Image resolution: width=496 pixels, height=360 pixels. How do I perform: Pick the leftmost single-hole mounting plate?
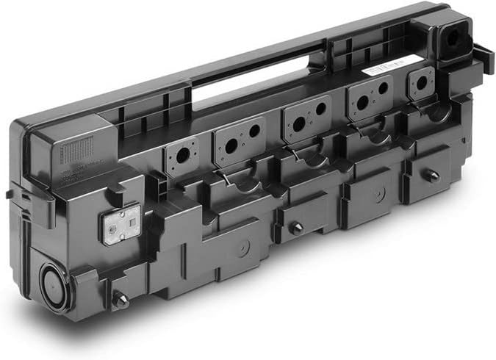point(182,155)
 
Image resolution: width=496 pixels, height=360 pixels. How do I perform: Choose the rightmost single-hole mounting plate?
point(422,82)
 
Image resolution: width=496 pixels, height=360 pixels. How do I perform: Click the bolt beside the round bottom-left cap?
point(120,300)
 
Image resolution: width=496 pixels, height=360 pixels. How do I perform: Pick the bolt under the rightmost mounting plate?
point(434,176)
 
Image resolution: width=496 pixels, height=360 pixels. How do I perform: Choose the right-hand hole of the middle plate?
point(321,109)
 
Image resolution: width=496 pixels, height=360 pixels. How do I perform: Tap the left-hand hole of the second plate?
point(231,145)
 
